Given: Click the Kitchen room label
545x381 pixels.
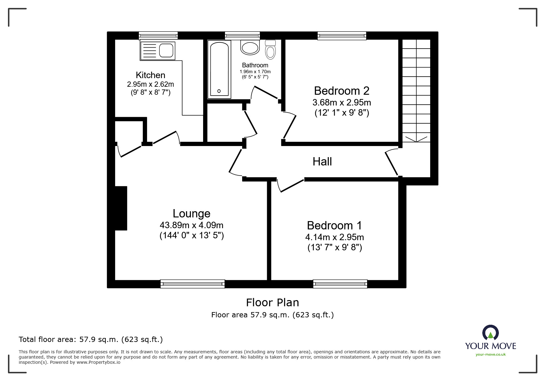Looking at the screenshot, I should pyautogui.click(x=150, y=75).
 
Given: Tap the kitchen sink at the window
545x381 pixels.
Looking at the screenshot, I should pyautogui.click(x=158, y=51).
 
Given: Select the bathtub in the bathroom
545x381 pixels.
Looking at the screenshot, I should pyautogui.click(x=219, y=69).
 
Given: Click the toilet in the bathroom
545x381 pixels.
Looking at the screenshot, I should pyautogui.click(x=270, y=50).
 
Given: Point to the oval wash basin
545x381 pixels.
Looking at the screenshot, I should pyautogui.click(x=250, y=48).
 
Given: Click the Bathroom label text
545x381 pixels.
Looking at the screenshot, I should pyautogui.click(x=255, y=65).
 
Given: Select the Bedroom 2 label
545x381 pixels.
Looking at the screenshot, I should pyautogui.click(x=342, y=91).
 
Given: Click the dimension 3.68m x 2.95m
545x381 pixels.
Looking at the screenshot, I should pyautogui.click(x=342, y=102).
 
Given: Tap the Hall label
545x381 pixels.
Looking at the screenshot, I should pyautogui.click(x=322, y=161).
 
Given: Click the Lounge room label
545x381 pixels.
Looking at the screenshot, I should pyautogui.click(x=191, y=213).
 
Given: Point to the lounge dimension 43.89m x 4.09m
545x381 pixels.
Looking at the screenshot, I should pyautogui.click(x=191, y=225).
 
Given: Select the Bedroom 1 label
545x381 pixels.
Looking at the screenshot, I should pyautogui.click(x=335, y=225).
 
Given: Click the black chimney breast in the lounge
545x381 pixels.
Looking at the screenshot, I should pyautogui.click(x=121, y=208).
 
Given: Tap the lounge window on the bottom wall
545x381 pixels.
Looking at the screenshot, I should pyautogui.click(x=192, y=284).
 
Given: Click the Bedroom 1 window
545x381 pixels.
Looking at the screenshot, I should pyautogui.click(x=340, y=284).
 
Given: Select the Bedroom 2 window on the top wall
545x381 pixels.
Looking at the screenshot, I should pyautogui.click(x=342, y=36).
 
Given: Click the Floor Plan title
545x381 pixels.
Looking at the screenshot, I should pyautogui.click(x=272, y=303).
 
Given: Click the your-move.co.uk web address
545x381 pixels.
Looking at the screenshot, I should pyautogui.click(x=491, y=355).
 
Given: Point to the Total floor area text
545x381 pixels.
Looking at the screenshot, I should pyautogui.click(x=91, y=339).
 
